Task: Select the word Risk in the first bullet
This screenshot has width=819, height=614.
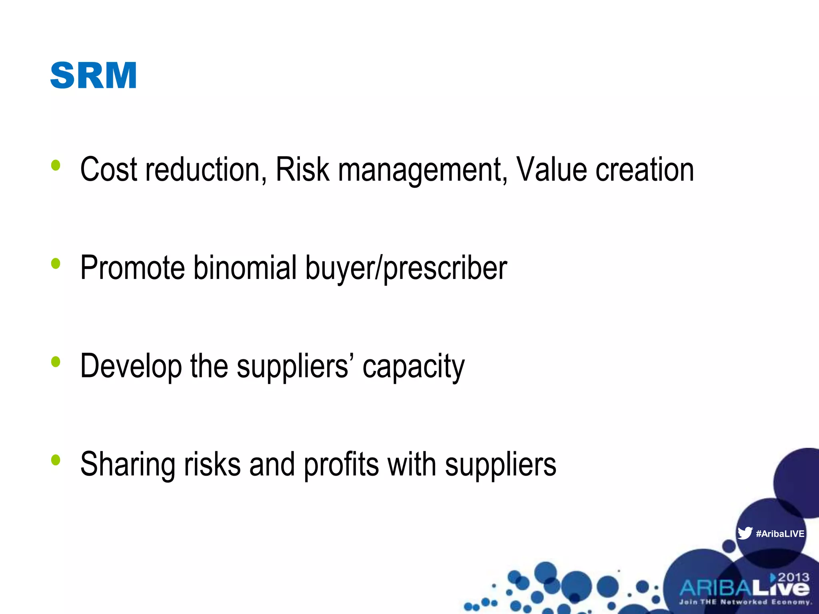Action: (x=302, y=169)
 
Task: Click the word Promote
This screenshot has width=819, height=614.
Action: (x=132, y=268)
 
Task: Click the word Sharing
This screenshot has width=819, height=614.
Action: (x=127, y=464)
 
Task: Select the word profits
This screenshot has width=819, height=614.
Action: (x=341, y=464)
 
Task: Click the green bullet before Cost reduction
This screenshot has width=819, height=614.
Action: (x=56, y=165)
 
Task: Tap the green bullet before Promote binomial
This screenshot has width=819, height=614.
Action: (x=56, y=263)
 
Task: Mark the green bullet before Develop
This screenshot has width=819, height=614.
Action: (x=56, y=362)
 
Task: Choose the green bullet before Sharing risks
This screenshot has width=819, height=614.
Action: (x=56, y=460)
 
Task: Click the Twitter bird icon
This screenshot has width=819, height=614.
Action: (x=745, y=533)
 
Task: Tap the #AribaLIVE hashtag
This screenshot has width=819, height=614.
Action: (x=780, y=534)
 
